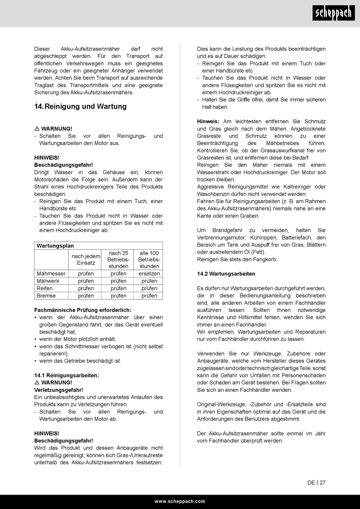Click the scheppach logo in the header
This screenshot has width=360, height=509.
(x=333, y=14)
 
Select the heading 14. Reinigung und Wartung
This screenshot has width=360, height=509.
(x=80, y=106)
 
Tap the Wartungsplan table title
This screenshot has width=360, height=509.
(x=55, y=246)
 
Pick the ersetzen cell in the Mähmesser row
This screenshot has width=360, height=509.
(x=149, y=274)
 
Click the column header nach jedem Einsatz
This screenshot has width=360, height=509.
(x=86, y=260)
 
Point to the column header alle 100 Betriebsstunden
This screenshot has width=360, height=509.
(x=149, y=260)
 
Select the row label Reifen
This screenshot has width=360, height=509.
(x=45, y=288)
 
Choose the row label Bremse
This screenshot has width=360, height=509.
(x=46, y=296)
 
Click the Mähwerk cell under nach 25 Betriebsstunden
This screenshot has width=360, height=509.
(x=119, y=281)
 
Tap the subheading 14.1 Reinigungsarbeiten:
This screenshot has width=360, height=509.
(x=67, y=375)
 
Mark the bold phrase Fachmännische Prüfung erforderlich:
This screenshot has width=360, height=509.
(x=83, y=310)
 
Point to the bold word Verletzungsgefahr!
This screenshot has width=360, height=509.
(x=58, y=390)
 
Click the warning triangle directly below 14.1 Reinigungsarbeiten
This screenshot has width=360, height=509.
(x=37, y=382)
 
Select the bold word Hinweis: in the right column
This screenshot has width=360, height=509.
(x=208, y=121)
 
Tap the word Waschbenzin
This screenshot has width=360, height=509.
(x=212, y=194)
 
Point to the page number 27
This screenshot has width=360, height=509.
(x=322, y=482)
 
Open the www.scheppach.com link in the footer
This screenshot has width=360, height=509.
(x=180, y=501)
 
